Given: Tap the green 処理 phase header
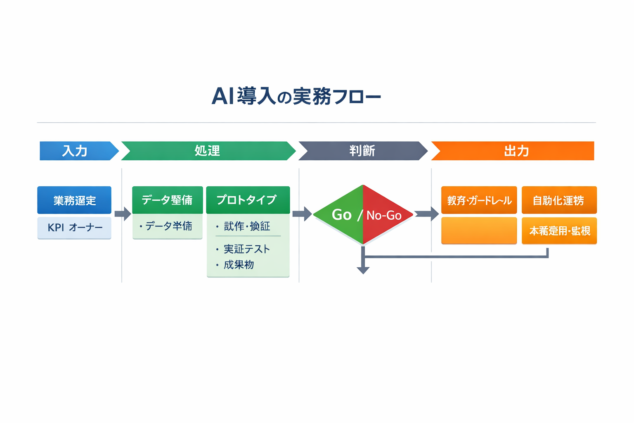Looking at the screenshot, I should (208, 151).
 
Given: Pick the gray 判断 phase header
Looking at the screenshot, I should (362, 151).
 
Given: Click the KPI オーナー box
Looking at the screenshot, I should (74, 228).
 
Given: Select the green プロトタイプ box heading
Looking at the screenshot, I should (248, 200).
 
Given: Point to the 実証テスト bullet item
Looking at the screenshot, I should (246, 249).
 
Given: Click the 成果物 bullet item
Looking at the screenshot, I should (239, 265).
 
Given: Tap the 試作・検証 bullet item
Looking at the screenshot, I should (246, 226).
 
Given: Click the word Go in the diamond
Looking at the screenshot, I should (342, 215).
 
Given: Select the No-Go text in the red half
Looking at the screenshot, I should (384, 215).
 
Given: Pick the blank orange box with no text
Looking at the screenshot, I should (479, 231).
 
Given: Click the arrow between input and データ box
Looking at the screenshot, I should (123, 214).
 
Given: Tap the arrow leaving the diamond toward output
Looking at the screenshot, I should (427, 214).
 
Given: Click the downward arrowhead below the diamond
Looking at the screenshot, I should (363, 270).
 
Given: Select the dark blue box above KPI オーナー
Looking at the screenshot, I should (74, 200).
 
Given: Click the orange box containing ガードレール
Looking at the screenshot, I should (479, 200).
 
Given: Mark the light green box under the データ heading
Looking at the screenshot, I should (167, 226).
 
